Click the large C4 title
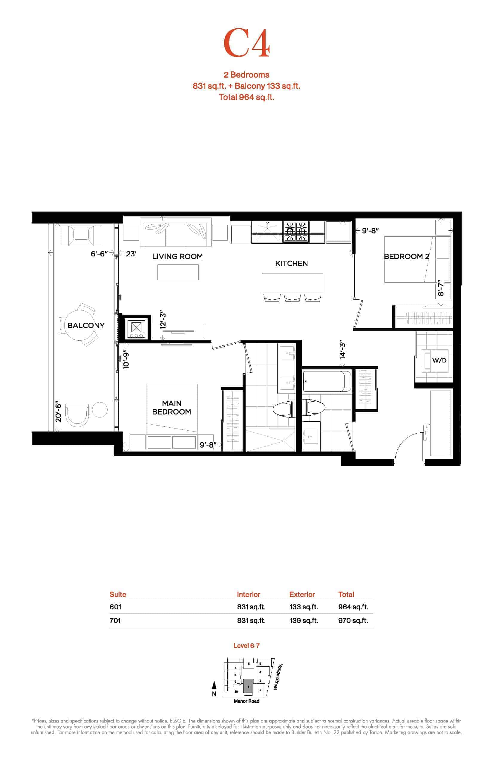click(246, 43)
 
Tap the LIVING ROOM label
click(177, 256)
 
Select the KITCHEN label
click(291, 264)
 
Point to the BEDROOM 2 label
click(407, 256)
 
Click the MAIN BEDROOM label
click(172, 408)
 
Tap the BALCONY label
click(86, 325)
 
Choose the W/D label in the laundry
click(439, 360)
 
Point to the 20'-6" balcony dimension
click(58, 411)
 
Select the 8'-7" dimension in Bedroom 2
click(441, 288)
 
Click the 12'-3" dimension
click(163, 319)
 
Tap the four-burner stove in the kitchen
click(296, 232)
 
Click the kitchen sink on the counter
click(267, 232)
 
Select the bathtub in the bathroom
click(327, 381)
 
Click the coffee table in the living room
click(178, 272)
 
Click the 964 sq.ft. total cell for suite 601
click(353, 607)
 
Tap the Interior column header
click(248, 595)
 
